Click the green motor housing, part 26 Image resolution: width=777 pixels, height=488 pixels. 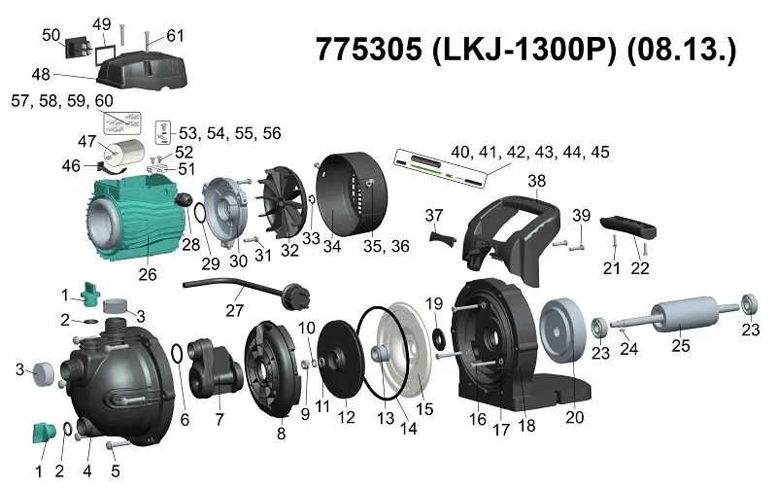(x=134, y=219)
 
